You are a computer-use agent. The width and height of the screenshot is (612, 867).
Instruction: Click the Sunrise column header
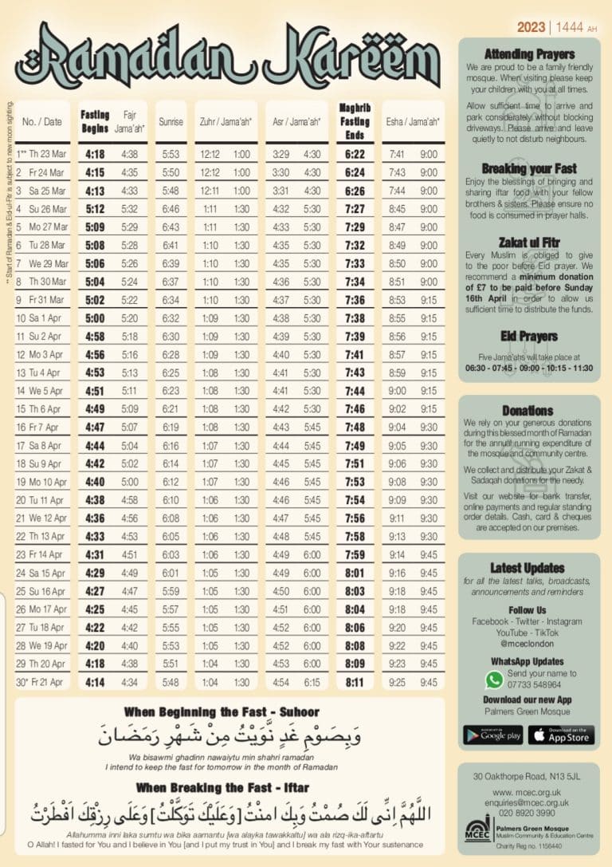[x=170, y=122]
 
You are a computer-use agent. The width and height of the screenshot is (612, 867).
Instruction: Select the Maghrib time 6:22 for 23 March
[x=355, y=154]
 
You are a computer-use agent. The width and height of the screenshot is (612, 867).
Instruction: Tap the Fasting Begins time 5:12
[x=95, y=209]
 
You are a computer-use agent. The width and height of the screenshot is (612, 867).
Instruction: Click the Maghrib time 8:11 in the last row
[x=355, y=682]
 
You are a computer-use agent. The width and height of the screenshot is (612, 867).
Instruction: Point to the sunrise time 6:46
[x=170, y=209]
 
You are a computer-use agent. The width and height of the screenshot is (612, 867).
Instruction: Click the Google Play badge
[x=492, y=735]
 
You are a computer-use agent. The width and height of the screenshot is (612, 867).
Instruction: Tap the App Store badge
[x=561, y=735]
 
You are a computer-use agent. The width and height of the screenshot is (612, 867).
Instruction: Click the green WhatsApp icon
[x=495, y=680]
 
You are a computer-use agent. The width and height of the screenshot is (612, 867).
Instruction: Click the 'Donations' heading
[x=528, y=410]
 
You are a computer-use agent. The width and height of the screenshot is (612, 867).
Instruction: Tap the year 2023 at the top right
[x=531, y=27]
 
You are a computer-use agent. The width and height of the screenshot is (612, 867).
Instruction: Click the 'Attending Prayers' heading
[x=529, y=54]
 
